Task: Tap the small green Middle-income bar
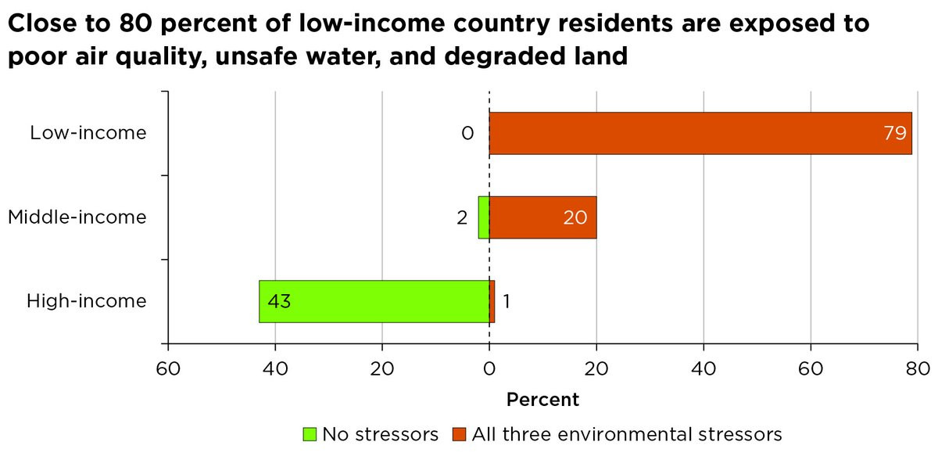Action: click(x=484, y=217)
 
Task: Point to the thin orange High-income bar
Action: click(x=492, y=301)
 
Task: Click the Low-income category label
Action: click(x=88, y=133)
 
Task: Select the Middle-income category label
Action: click(x=77, y=217)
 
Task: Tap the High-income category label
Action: click(x=87, y=301)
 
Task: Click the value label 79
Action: click(x=894, y=133)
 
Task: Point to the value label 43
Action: click(x=279, y=301)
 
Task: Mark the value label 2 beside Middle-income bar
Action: click(x=462, y=217)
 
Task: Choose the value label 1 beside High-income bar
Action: click(x=507, y=301)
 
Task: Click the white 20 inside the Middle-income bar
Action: click(x=575, y=217)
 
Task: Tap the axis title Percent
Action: click(x=543, y=400)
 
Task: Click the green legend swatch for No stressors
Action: click(x=310, y=434)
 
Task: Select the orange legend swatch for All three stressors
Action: click(x=459, y=434)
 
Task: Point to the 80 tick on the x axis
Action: click(x=917, y=368)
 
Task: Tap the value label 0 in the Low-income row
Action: click(x=467, y=133)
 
